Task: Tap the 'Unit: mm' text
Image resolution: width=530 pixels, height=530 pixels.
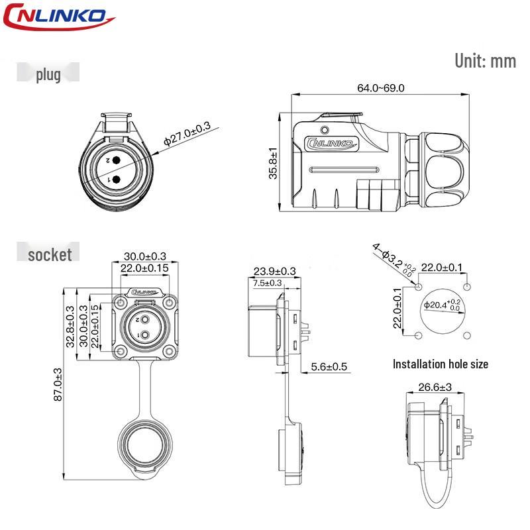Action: pos(486,61)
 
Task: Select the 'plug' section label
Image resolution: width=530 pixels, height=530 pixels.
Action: pos(48,75)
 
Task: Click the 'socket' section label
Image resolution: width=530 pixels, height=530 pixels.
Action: pos(50,254)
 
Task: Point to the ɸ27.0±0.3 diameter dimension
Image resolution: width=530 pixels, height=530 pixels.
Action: pos(187,134)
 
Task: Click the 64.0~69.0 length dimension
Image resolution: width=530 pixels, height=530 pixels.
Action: pos(380,88)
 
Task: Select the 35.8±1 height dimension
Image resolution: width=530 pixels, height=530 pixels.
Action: pos(273,163)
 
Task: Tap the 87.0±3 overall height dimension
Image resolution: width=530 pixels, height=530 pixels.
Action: pos(58,385)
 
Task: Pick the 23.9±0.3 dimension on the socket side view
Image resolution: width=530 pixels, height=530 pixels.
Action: pos(274,271)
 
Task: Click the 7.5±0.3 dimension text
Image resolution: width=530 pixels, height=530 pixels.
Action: pos(267,283)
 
